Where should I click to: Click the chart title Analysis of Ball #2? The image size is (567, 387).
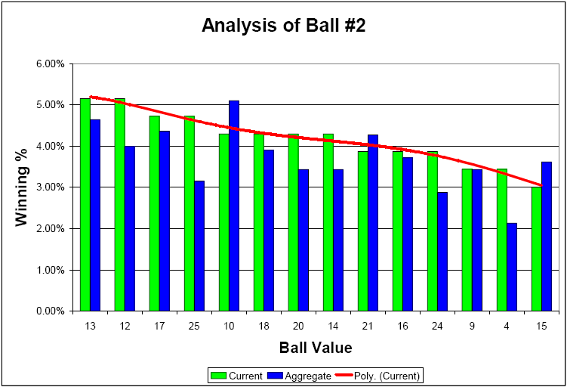click(x=283, y=26)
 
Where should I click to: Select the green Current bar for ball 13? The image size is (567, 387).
click(x=85, y=204)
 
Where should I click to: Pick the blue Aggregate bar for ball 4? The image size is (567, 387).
click(x=512, y=267)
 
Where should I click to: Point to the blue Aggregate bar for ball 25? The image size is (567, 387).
click(x=199, y=246)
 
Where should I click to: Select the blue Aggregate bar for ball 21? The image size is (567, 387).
click(x=373, y=223)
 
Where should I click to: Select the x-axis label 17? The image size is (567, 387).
click(x=159, y=326)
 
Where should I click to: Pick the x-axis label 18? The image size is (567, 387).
click(x=263, y=326)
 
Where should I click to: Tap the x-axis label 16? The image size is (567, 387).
click(x=402, y=326)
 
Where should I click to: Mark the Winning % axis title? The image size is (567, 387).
click(x=23, y=187)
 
